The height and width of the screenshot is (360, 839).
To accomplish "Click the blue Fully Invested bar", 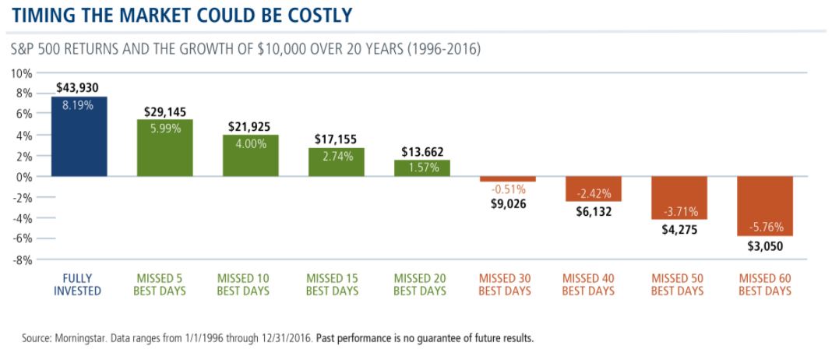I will coord(79,136).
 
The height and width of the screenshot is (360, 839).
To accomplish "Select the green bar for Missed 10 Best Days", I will coord(250,156).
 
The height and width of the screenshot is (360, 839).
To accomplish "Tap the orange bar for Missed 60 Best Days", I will coord(764,206).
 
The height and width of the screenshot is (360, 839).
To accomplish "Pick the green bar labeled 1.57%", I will coord(421,168).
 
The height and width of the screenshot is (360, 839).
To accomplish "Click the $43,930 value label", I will coord(78,88).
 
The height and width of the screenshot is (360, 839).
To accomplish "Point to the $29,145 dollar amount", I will coord(164,112).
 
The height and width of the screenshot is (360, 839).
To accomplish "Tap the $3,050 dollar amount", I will coord(764,245).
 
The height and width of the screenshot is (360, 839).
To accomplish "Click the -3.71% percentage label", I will coord(679,211).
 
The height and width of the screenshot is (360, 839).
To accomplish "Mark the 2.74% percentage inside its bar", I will coord(336,156).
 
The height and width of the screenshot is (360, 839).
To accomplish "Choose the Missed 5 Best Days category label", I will coord(164,284).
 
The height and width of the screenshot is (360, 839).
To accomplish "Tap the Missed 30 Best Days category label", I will coord(507,284).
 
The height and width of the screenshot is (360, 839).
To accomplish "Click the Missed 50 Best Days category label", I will coord(679,284).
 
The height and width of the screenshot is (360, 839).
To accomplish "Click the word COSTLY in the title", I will coord(312,15).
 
